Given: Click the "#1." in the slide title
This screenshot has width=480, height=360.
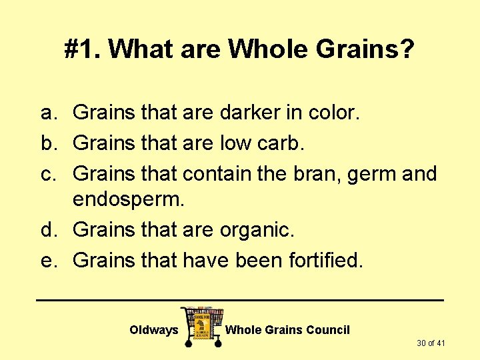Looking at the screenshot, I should pyautogui.click(x=83, y=49).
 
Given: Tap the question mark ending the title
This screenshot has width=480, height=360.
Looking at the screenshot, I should pyautogui.click(x=407, y=49).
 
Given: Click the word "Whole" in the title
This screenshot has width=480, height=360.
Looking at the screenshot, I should pyautogui.click(x=261, y=49).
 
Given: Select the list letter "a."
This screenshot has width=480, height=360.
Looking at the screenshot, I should pyautogui.click(x=51, y=113).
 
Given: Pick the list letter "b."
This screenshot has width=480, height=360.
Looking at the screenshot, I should pyautogui.click(x=51, y=143).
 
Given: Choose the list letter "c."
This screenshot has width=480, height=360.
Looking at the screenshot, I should pyautogui.click(x=51, y=173).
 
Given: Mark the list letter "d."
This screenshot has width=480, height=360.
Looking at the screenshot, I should pyautogui.click(x=51, y=231).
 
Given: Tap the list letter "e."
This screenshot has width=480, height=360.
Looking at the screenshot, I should pyautogui.click(x=51, y=260).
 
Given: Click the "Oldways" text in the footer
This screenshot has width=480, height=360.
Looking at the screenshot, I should pyautogui.click(x=154, y=330).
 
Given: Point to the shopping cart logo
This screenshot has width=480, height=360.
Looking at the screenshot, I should pyautogui.click(x=202, y=325).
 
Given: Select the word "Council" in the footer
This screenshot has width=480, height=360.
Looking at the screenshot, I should pyautogui.click(x=326, y=330).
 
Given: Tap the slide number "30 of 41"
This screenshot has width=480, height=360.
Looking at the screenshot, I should pyautogui.click(x=431, y=343).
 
